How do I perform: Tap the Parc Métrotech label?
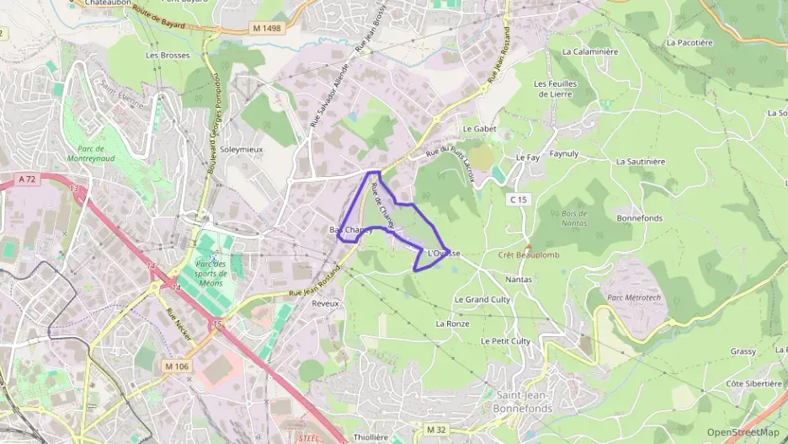(x=635, y=297)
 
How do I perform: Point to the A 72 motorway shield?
(x=26, y=179)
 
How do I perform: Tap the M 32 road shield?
(x=435, y=430)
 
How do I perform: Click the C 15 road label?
(x=518, y=199)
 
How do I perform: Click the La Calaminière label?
(x=589, y=51)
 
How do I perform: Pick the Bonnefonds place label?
(x=639, y=218)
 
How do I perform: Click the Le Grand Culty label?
(x=482, y=299)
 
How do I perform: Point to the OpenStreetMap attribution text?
(x=743, y=432)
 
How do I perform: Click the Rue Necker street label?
(x=179, y=324)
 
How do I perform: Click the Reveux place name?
(x=325, y=303)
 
